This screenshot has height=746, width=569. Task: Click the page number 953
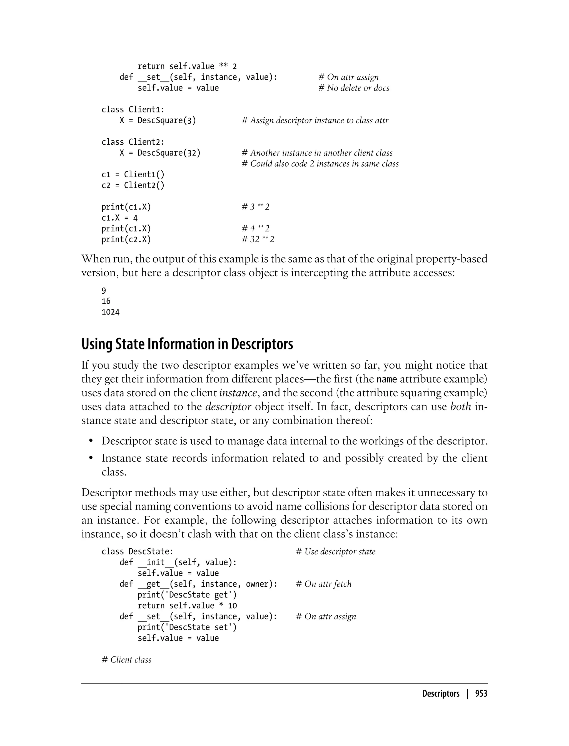click(x=481, y=694)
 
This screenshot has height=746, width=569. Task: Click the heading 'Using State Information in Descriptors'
click(x=187, y=344)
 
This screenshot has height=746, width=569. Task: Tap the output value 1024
click(x=110, y=312)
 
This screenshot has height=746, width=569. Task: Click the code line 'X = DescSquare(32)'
click(x=160, y=153)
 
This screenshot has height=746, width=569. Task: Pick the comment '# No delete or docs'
click(x=354, y=88)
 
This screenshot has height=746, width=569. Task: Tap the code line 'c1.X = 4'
click(x=119, y=218)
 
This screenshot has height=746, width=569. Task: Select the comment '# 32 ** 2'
click(x=258, y=240)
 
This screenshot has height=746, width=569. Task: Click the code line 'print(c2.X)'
click(x=126, y=240)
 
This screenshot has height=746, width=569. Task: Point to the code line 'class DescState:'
click(x=137, y=551)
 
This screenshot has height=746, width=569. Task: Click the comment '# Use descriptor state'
click(x=335, y=551)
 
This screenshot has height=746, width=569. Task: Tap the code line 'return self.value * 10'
click(x=187, y=606)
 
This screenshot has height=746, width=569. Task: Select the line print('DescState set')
click(x=187, y=627)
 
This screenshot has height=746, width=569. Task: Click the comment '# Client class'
click(x=126, y=660)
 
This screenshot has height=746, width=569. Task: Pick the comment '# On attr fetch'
click(x=323, y=584)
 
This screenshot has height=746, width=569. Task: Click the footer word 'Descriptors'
click(x=440, y=694)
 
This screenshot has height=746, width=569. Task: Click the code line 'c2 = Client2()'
click(x=133, y=185)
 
